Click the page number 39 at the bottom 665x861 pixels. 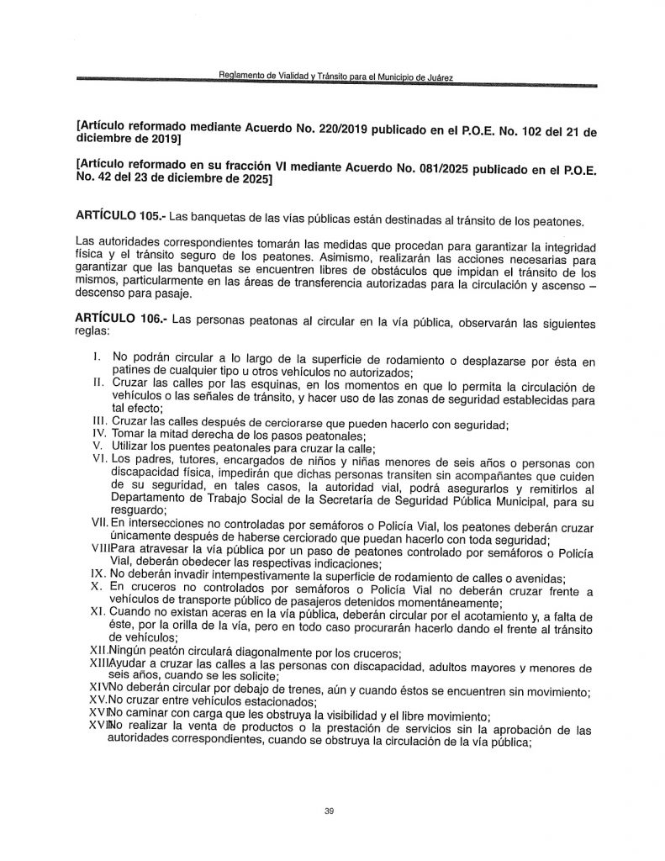(x=329, y=811)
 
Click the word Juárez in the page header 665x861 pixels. (x=435, y=78)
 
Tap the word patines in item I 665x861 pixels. (x=132, y=374)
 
